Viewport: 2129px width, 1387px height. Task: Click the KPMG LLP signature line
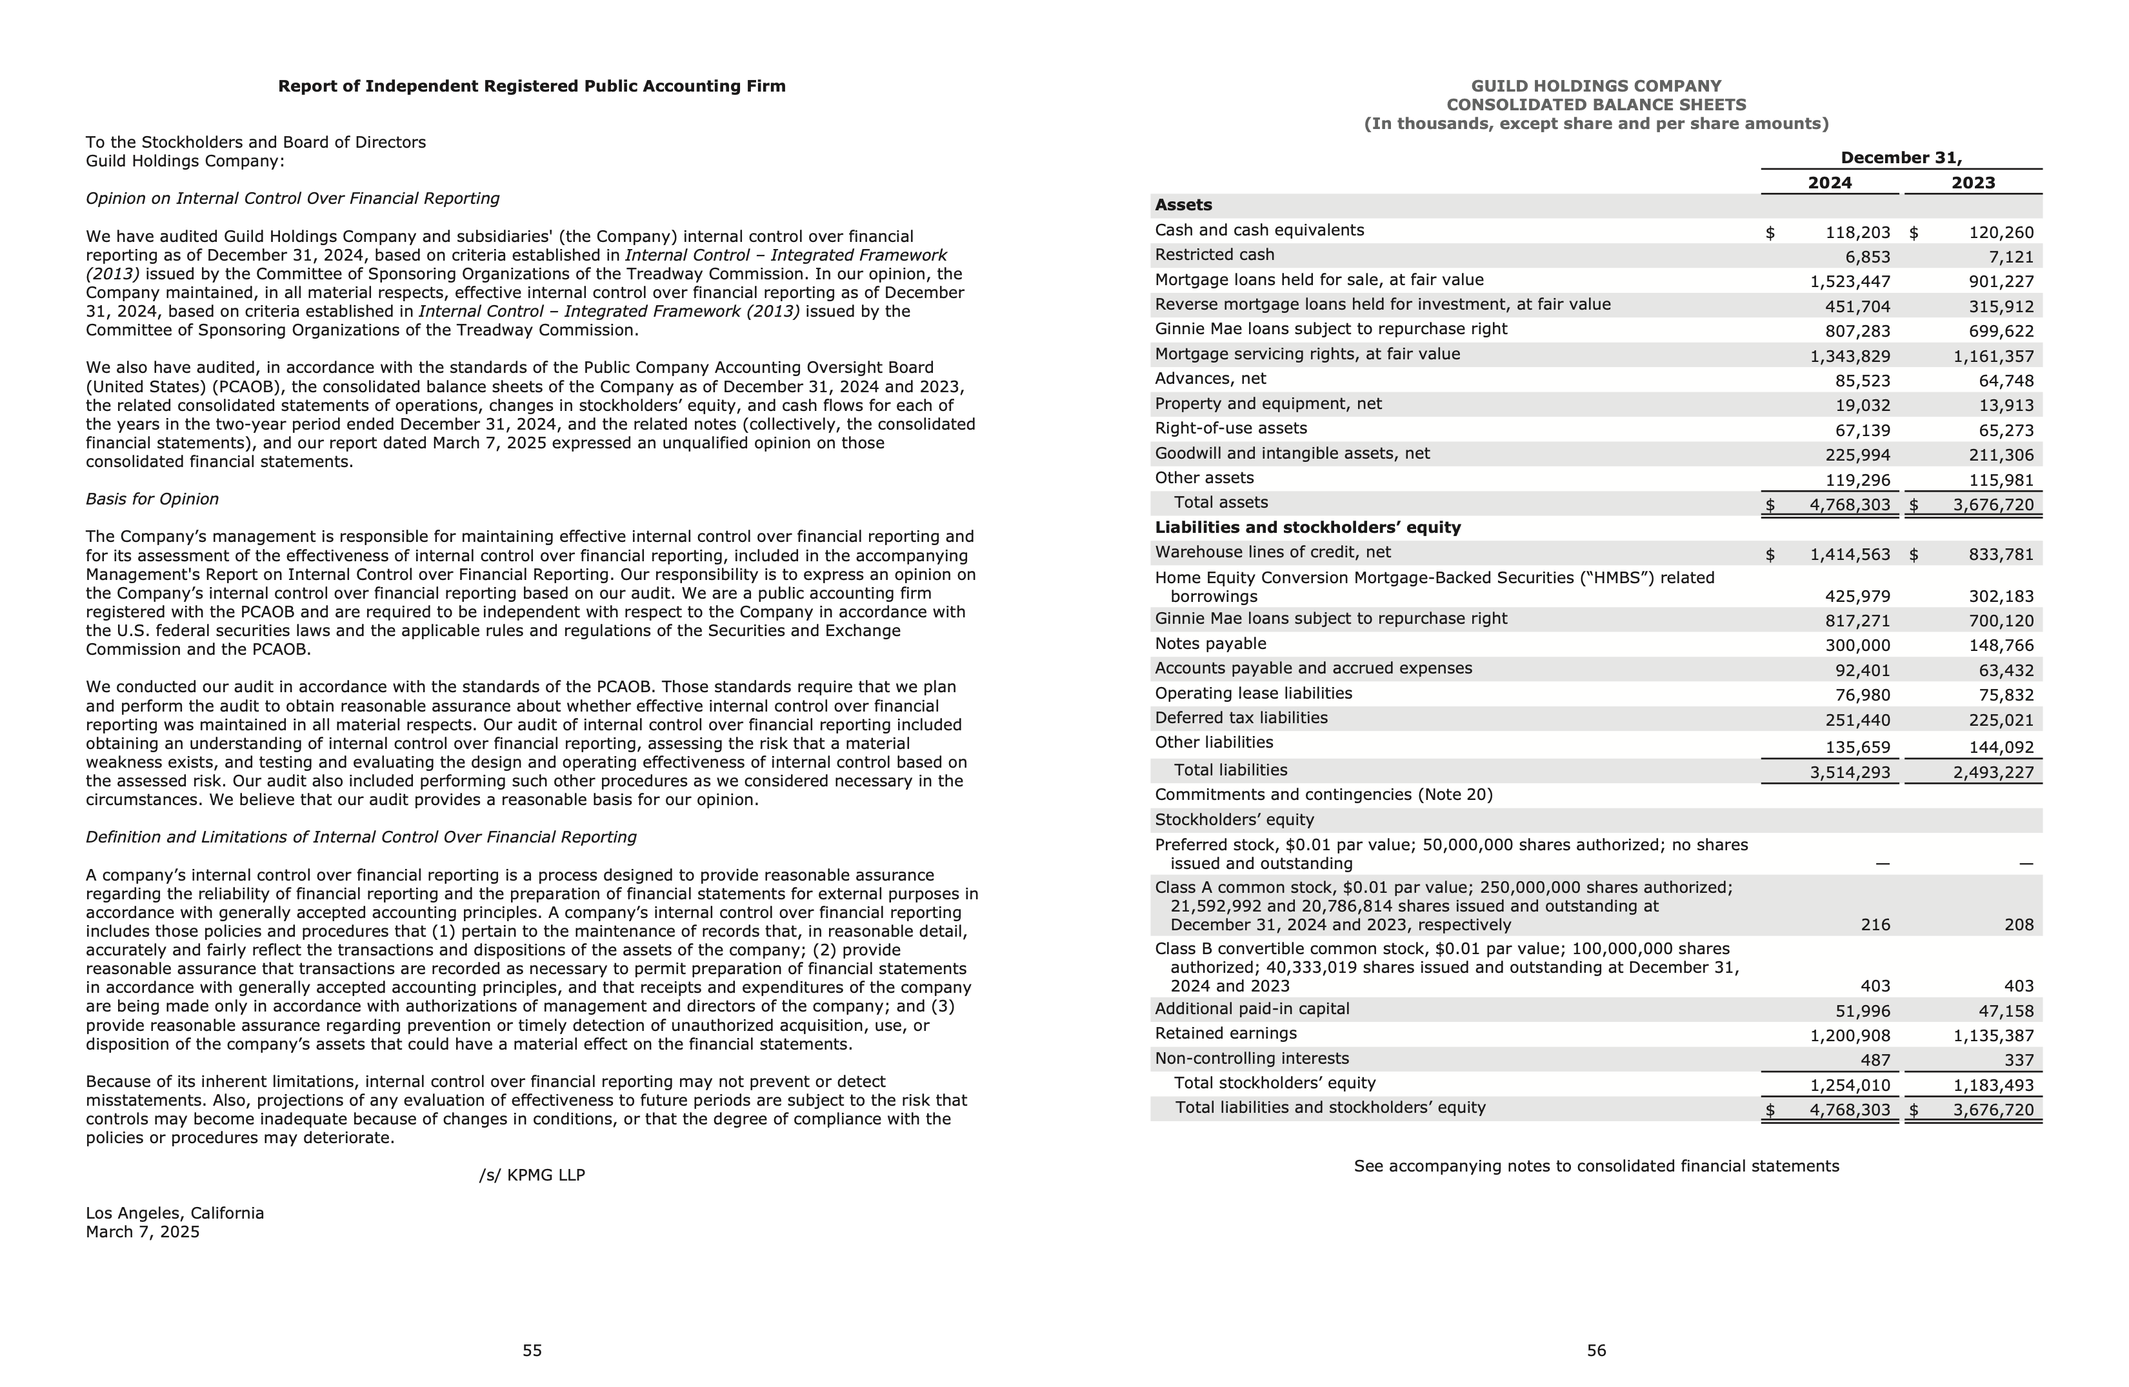pos(532,1175)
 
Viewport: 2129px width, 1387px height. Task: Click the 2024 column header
pos(1830,183)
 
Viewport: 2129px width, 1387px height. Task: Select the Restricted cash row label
pos(1214,255)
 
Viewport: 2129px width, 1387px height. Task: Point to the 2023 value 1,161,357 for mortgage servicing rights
pos(1993,356)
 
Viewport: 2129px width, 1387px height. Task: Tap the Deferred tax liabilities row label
pos(1241,718)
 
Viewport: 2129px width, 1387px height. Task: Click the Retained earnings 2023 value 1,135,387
pos(1993,1035)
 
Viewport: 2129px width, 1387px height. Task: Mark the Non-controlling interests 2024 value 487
pos(1875,1061)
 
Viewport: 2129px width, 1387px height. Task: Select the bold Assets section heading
pos(1183,205)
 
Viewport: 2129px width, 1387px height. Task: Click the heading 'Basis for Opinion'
pos(152,499)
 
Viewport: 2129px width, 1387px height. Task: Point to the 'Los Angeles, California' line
pos(174,1213)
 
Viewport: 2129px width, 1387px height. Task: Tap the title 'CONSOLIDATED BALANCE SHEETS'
pos(1596,105)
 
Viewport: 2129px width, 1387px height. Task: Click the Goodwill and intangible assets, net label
pos(1292,454)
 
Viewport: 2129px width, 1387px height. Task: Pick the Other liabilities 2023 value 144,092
pos(2000,746)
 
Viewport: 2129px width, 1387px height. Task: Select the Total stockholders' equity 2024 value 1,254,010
pos(1850,1086)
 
